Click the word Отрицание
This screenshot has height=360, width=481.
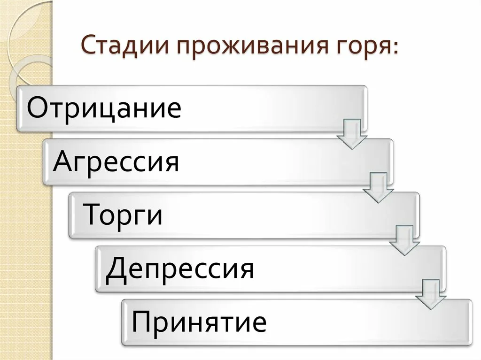pyautogui.click(x=104, y=108)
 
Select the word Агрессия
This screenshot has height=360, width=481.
pyautogui.click(x=116, y=161)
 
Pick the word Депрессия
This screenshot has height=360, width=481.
pyautogui.click(x=180, y=269)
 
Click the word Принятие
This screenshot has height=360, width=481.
pyautogui.click(x=199, y=322)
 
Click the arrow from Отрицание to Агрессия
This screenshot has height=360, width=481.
pyautogui.click(x=352, y=134)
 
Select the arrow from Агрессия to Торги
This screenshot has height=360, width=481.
pyautogui.click(x=378, y=187)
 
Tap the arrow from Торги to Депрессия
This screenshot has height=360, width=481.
pyautogui.click(x=404, y=241)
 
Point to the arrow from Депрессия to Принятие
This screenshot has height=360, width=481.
pyautogui.click(x=431, y=294)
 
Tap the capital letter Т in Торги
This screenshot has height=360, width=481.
pyautogui.click(x=93, y=214)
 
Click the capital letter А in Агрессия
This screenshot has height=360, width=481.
pyautogui.click(x=64, y=161)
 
